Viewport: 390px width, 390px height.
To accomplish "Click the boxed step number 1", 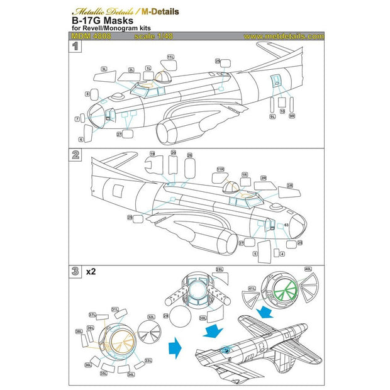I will (x=75, y=47).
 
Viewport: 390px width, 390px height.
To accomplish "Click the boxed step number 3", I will (x=75, y=272).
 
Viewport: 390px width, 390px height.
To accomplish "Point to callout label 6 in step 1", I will (x=81, y=139).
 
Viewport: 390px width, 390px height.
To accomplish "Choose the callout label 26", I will (x=189, y=154).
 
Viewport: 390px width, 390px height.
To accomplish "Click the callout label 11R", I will (x=220, y=169).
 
